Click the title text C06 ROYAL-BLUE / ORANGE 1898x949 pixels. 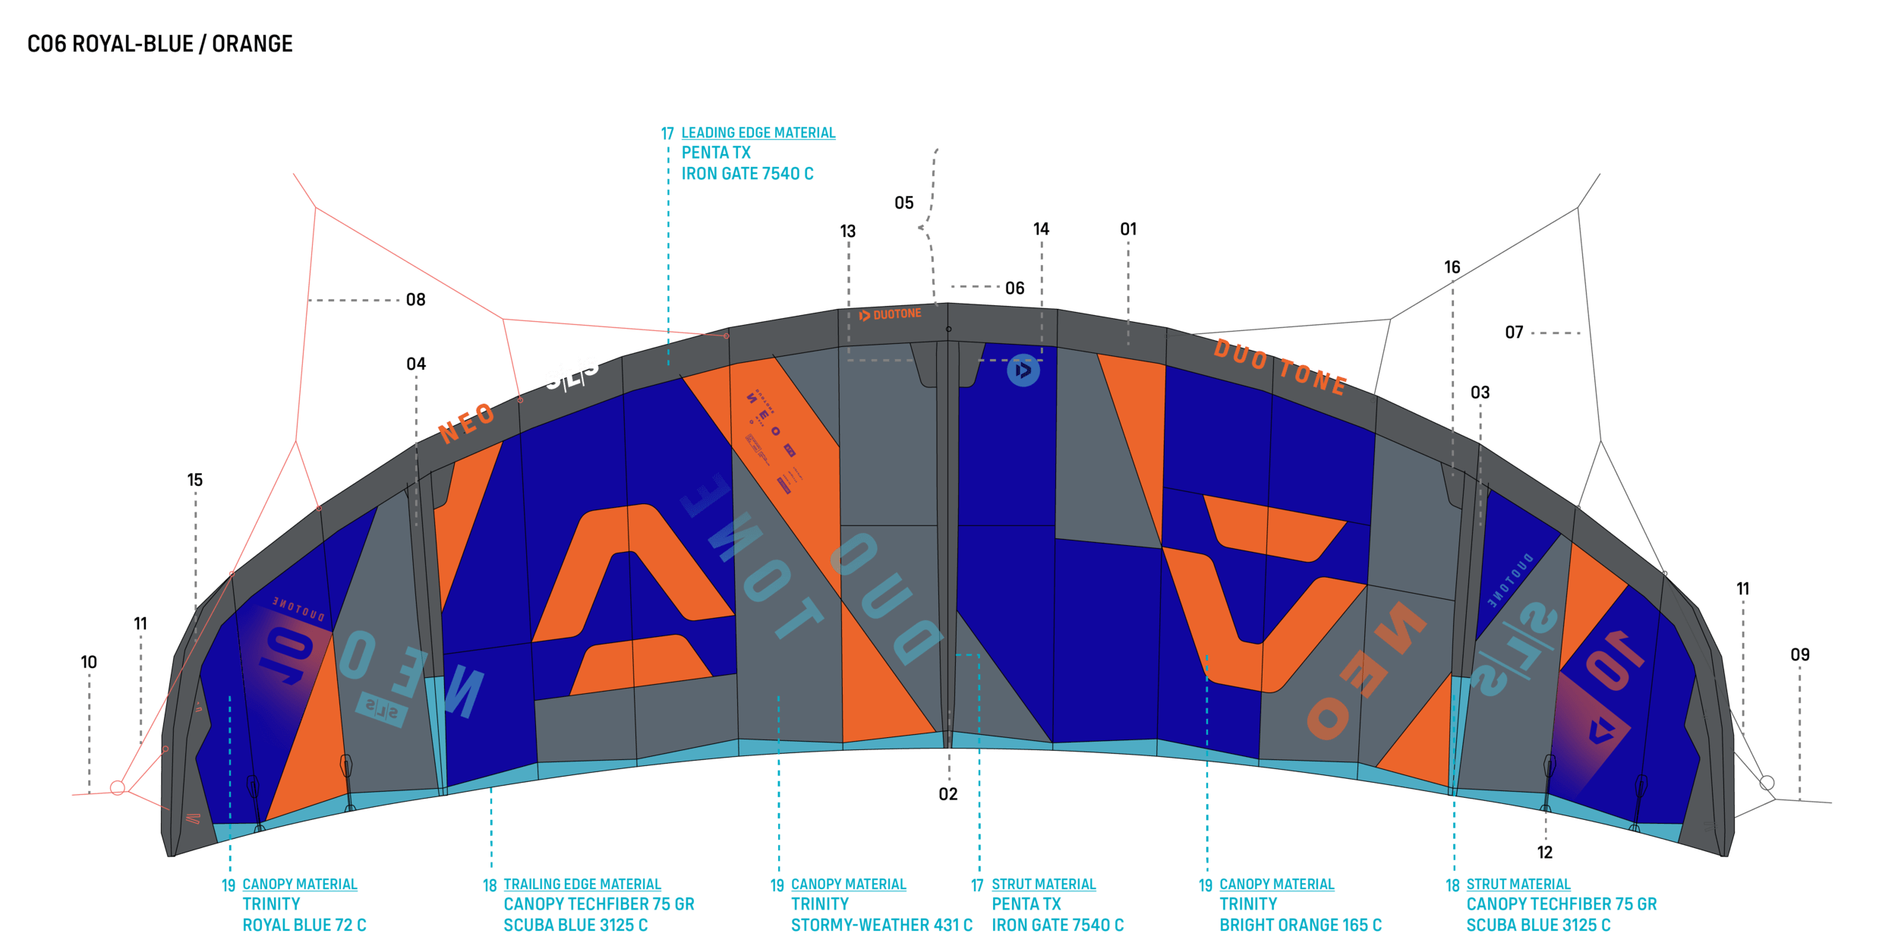[159, 44]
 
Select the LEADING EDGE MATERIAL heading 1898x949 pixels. [758, 133]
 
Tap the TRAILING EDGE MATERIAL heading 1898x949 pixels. [582, 884]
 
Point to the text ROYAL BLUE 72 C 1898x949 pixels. [304, 925]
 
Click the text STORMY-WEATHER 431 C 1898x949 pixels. [881, 925]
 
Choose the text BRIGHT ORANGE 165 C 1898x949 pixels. [1300, 925]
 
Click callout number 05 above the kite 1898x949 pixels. [903, 203]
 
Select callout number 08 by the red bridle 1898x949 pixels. [415, 300]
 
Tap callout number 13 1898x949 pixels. [847, 232]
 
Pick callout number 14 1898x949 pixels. [1041, 229]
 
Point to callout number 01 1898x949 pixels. [1128, 229]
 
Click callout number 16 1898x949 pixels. [1452, 267]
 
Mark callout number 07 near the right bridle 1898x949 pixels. [1514, 333]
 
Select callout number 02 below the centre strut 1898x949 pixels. [947, 794]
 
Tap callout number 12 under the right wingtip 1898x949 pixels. [1544, 853]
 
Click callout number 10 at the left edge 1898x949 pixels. [89, 662]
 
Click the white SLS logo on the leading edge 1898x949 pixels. [572, 372]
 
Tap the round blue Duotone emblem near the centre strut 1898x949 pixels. [1023, 371]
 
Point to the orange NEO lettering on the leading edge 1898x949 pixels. [467, 423]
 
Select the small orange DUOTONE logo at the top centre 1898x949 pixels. [890, 314]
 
